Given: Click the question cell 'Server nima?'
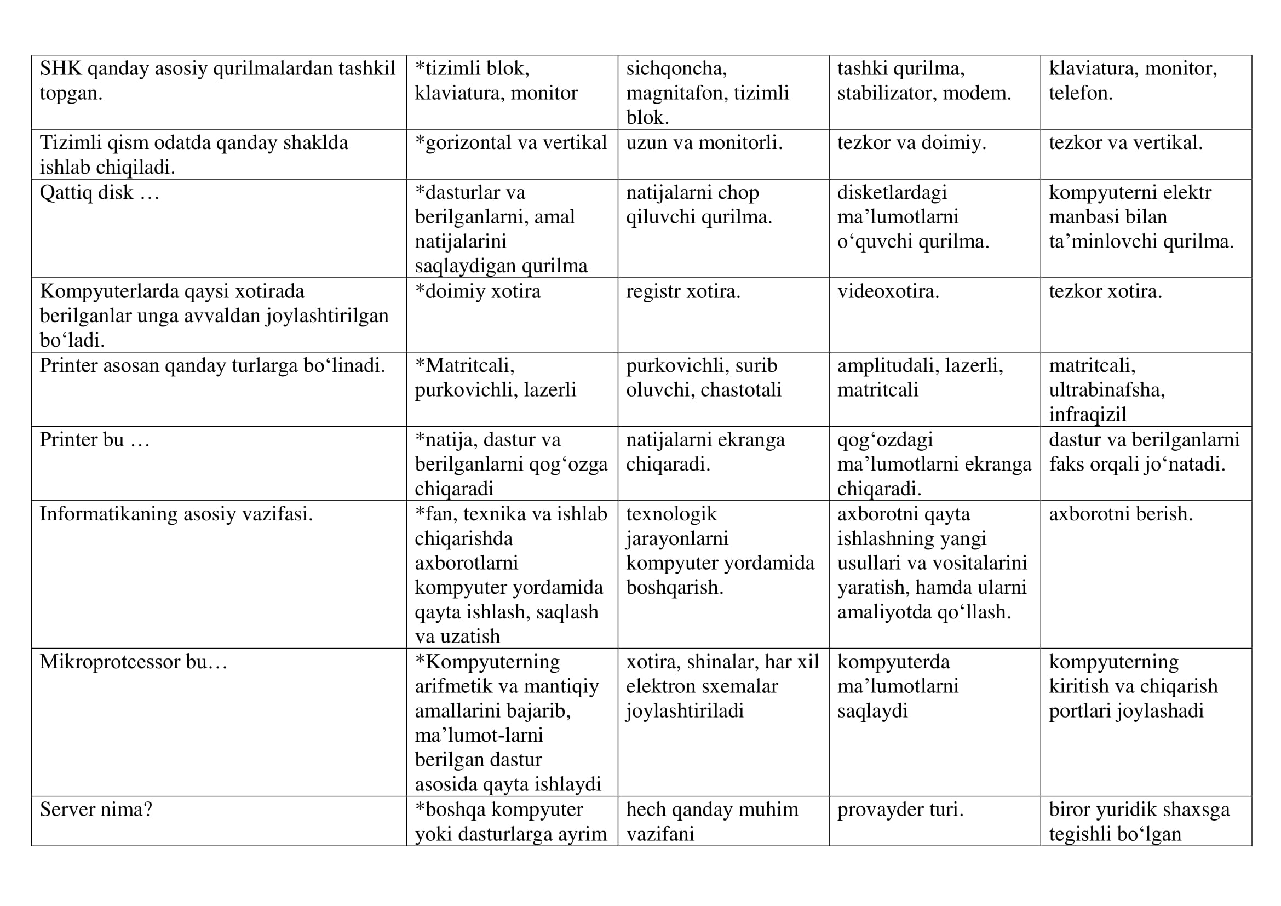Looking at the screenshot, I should [x=96, y=810].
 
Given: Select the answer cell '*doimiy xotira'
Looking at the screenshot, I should [x=478, y=291].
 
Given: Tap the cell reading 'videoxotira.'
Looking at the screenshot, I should [x=888, y=291].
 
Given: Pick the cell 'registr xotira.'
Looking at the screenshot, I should [x=683, y=291].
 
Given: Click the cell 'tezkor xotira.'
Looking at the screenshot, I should [x=1105, y=291].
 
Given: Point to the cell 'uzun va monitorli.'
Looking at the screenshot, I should [x=704, y=143].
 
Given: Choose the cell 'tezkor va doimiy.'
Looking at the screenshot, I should [x=912, y=143].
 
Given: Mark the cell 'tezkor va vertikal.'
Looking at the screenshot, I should [x=1125, y=143].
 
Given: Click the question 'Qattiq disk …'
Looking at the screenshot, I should [x=99, y=192].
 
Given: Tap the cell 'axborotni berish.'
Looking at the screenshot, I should [x=1121, y=514].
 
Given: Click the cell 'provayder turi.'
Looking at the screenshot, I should [x=900, y=810].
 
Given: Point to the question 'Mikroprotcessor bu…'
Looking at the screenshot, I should [x=133, y=662].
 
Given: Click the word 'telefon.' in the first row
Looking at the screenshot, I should [x=1080, y=93].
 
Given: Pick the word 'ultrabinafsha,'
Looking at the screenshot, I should [x=1107, y=390].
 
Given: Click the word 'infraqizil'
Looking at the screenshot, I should [x=1088, y=415].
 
